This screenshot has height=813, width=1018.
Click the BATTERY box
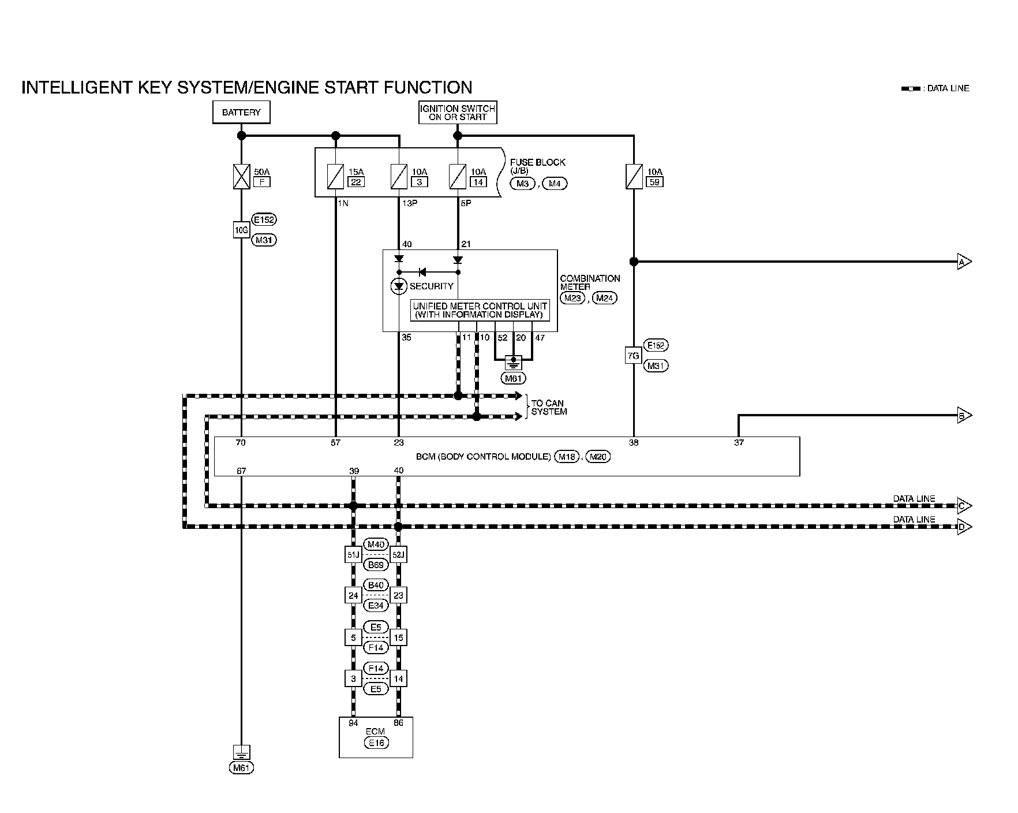coord(241,113)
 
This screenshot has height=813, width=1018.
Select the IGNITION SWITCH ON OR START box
coord(458,113)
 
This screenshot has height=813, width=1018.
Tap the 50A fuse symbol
coord(241,177)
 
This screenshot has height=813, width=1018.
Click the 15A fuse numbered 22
coord(335,176)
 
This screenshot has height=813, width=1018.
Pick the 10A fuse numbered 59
coord(634,176)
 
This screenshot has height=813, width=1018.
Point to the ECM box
coord(376,737)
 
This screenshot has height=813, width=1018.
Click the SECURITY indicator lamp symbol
coord(399,286)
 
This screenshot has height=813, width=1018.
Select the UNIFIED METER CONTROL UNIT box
coord(480,311)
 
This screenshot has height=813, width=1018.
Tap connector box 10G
coord(241,230)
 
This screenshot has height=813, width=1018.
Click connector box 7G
coord(633,356)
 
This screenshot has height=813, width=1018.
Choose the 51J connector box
coord(353,555)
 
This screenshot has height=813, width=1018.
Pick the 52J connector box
coord(398,555)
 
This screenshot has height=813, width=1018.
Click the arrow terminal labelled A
coord(963,262)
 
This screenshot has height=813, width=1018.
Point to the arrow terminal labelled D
coord(963,527)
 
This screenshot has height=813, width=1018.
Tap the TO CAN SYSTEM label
coord(548,408)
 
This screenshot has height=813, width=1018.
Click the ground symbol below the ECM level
coord(241,752)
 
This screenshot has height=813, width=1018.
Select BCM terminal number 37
coord(739,443)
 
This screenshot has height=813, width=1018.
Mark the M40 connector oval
coord(376,545)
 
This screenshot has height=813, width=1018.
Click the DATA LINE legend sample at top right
coord(911,89)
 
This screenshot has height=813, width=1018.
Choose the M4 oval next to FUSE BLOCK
coord(555,184)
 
